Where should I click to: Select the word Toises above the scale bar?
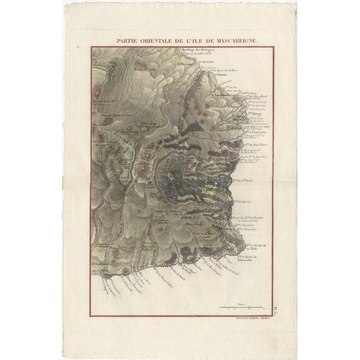242,304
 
